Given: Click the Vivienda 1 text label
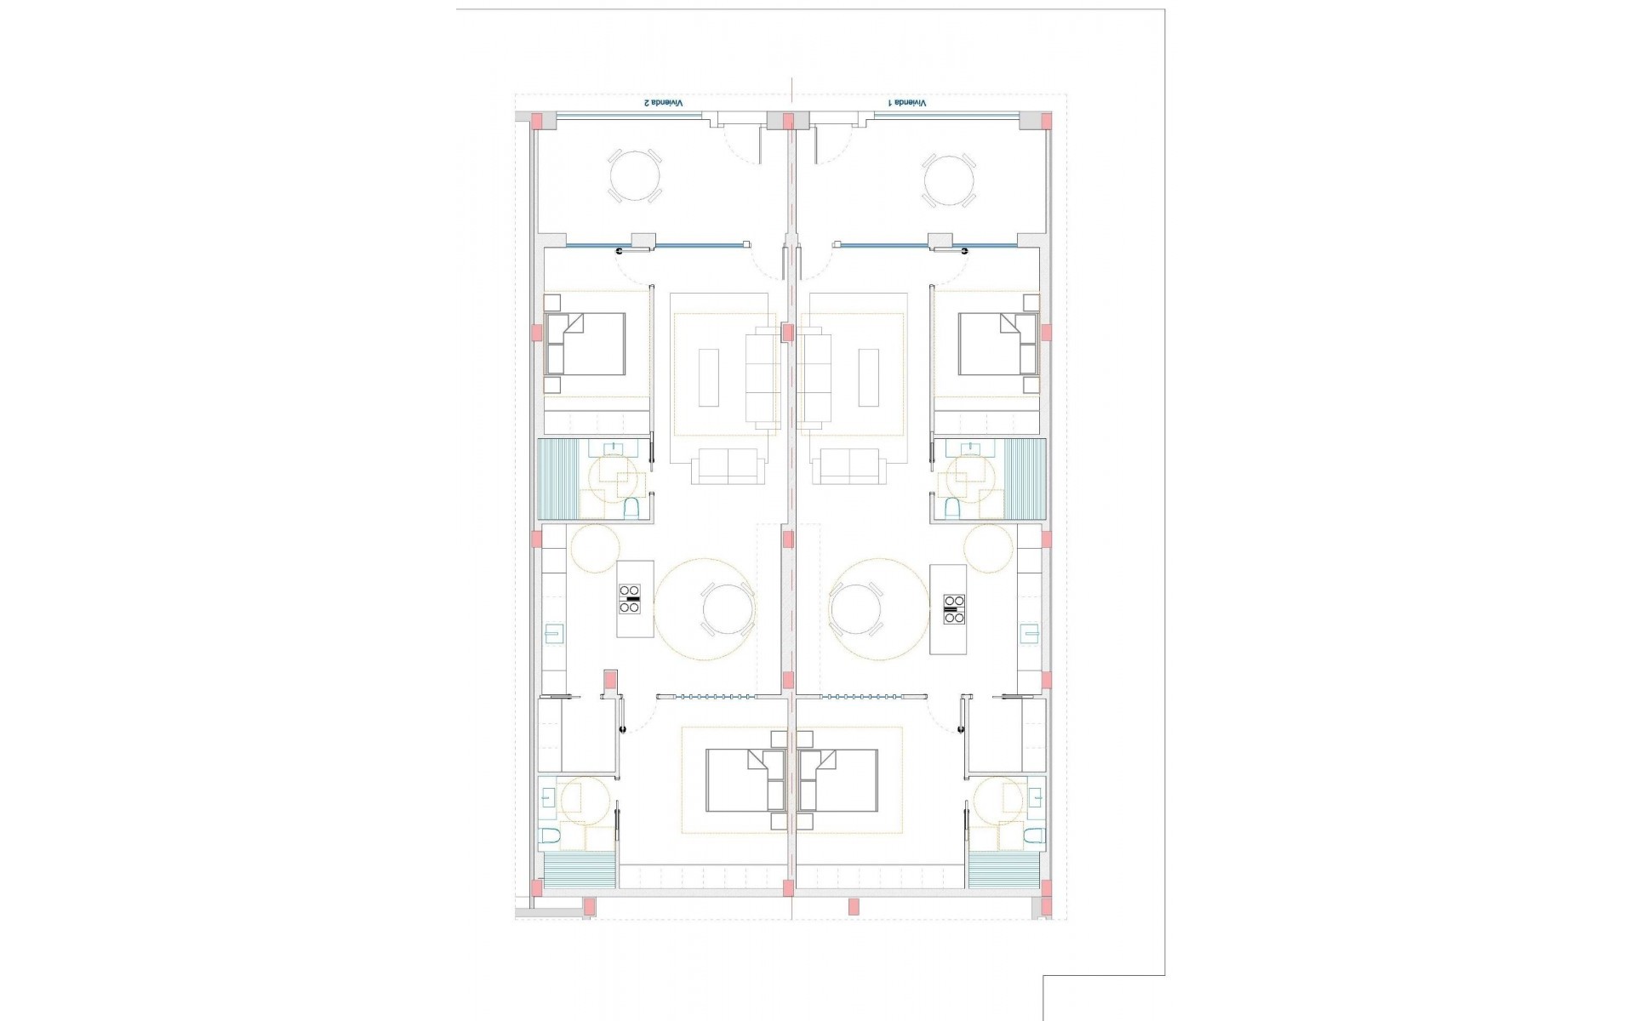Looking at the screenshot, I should tap(907, 103).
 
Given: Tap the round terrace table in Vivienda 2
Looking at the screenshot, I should tap(635, 176).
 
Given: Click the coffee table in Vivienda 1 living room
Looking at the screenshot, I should tap(869, 377).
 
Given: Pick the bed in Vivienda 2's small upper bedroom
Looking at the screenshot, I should tap(586, 344).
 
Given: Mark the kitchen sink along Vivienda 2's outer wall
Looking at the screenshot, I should tap(553, 633).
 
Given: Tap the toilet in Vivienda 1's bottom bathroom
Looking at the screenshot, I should tap(1033, 836).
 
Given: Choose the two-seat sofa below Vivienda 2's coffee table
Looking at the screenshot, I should tap(724, 467).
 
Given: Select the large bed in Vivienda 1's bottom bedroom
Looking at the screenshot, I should tap(839, 780).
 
